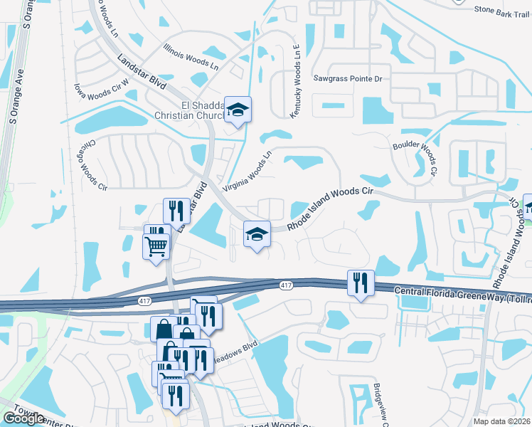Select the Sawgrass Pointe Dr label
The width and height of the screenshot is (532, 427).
coord(349,78)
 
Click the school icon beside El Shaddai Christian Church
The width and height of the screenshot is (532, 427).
coord(238,110)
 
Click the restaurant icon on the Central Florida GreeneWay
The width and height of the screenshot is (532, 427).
coord(361,283)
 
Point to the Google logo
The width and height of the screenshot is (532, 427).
coord(23,418)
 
